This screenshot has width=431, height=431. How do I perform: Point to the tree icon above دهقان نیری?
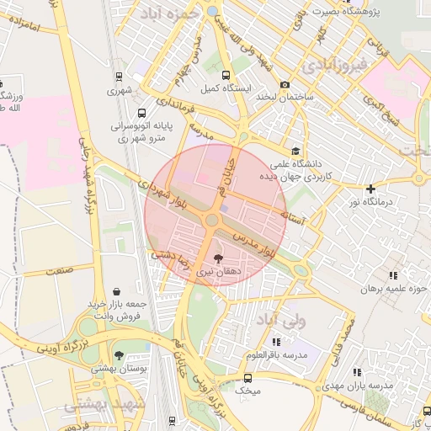coord(219,258)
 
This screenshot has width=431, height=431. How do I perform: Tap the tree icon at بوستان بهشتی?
coord(118,355)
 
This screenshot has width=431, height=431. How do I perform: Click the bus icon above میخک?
coord(248,378)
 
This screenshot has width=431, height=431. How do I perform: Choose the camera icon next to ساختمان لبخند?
coord(285,85)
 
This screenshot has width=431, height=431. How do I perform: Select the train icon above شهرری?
coord(119,77)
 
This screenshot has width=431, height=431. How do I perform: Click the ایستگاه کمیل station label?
coord(221,88)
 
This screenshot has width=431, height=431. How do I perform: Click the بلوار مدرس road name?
coord(253,242)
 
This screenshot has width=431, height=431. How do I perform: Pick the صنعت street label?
coord(59,270)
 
